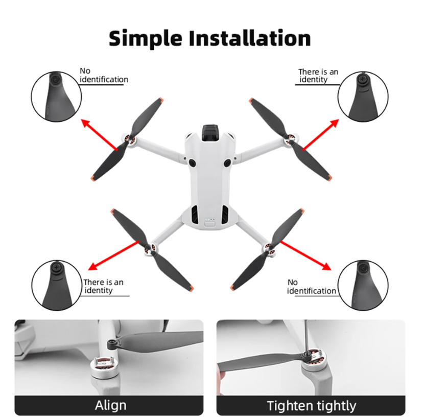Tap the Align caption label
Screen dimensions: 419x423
pos(110,406)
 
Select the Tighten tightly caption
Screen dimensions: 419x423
pos(311,406)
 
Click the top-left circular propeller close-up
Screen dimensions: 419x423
pos(56,95)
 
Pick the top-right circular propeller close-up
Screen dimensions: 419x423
pos(363,95)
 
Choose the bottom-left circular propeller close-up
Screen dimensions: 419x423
pos(56,285)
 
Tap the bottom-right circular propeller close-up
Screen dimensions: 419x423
pos(363,284)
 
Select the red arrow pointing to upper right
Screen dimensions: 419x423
pos(320,134)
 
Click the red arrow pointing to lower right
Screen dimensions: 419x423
pos(305,255)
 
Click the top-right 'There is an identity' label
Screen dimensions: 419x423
pos(318,76)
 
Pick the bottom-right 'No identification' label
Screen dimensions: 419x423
pos(311,287)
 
